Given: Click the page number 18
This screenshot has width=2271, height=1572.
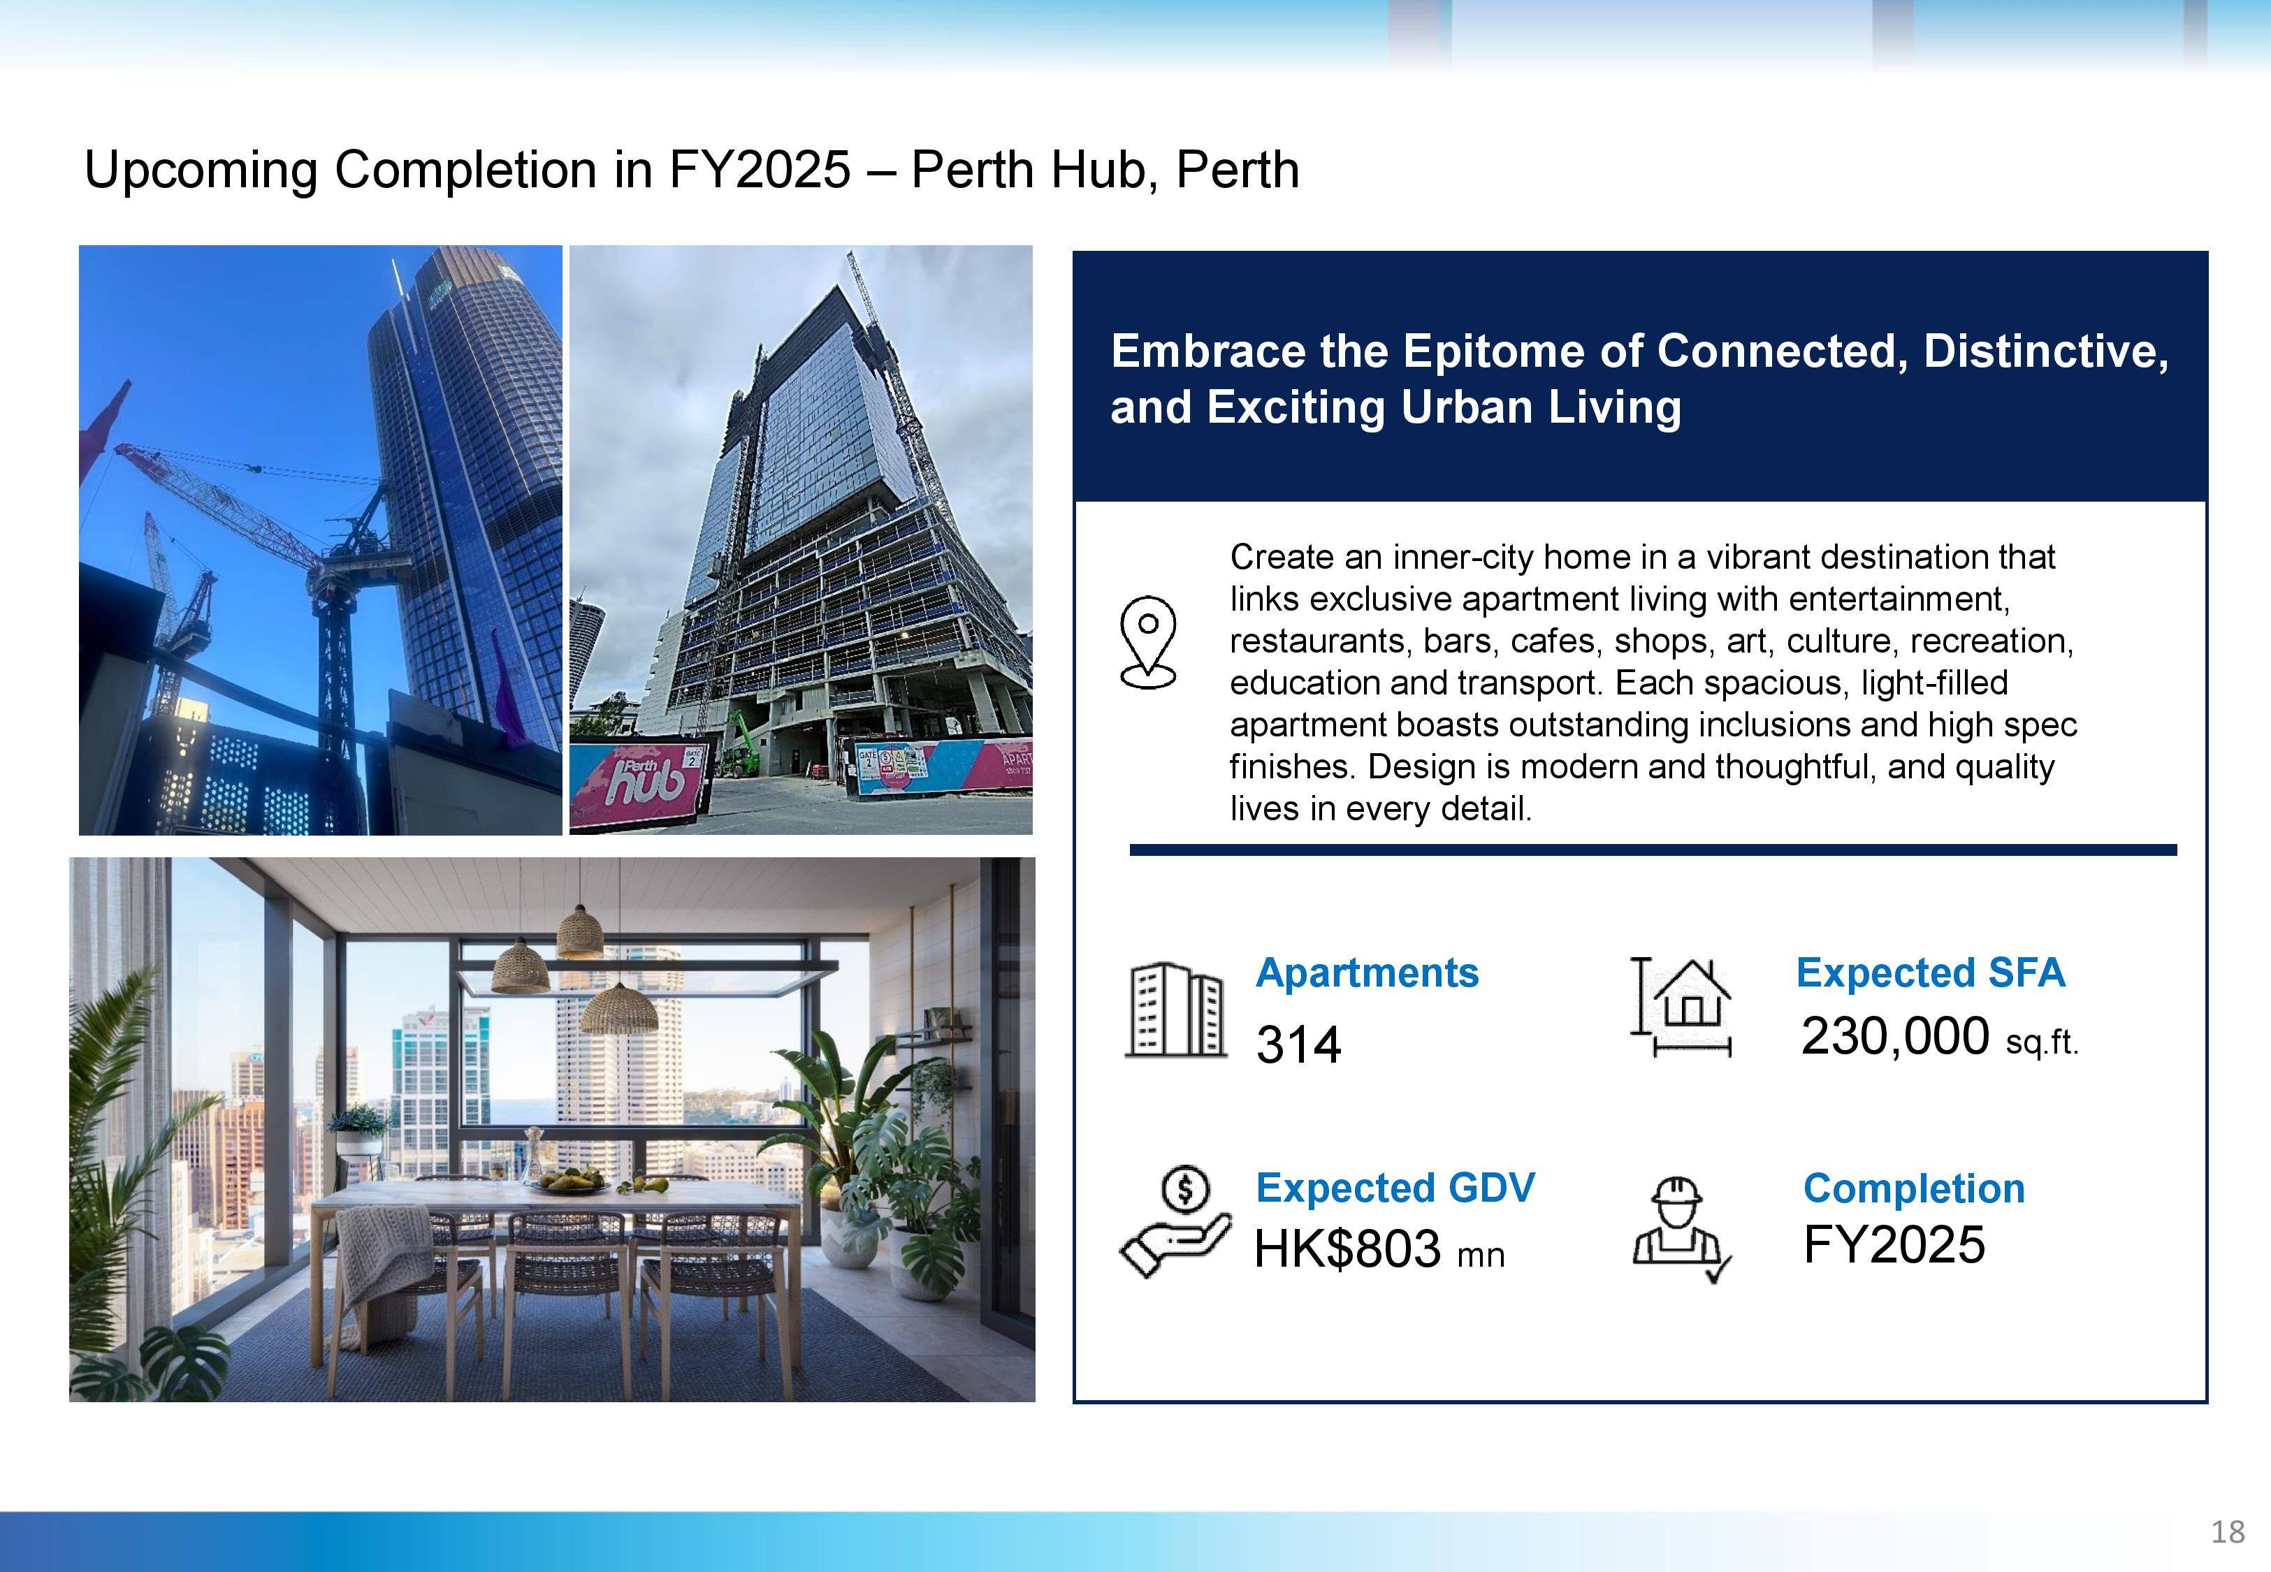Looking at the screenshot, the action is pyautogui.click(x=2228, y=1531).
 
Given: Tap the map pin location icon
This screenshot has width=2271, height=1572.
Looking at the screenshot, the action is pyautogui.click(x=1148, y=641).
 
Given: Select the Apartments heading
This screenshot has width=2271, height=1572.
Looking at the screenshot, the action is pyautogui.click(x=1367, y=973).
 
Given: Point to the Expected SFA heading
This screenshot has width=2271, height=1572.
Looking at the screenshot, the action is pyautogui.click(x=1930, y=973).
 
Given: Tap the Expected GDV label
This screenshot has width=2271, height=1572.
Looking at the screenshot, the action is pyautogui.click(x=1395, y=1188).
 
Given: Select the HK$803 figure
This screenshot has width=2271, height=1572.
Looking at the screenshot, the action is pyautogui.click(x=1347, y=1249).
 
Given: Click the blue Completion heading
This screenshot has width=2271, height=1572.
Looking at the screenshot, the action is pyautogui.click(x=1913, y=1189).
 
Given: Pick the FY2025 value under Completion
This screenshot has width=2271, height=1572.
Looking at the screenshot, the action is pyautogui.click(x=1894, y=1244).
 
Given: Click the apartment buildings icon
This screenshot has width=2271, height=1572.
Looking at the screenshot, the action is pyautogui.click(x=1176, y=1010).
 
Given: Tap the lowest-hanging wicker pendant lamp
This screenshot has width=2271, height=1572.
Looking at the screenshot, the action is pyautogui.click(x=618, y=1007).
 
